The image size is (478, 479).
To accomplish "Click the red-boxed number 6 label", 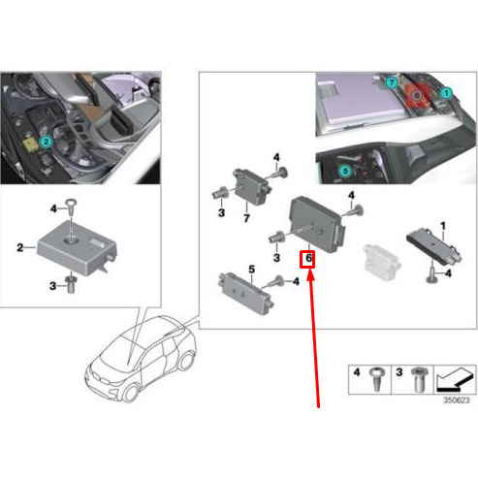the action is pos(307,259).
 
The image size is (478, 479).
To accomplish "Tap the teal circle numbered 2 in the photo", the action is pos(46,142).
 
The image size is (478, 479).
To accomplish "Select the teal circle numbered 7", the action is pos(392,82).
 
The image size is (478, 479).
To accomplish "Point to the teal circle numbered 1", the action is pos(446,93).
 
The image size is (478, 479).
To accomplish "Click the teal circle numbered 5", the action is pos(345,171).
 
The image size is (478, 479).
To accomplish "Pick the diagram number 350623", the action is pos(456,400).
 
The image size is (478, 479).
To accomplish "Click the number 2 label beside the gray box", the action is pos(20,248).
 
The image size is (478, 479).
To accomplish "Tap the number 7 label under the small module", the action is pos(246,218).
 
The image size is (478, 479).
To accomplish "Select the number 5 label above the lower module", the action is pos(252,269).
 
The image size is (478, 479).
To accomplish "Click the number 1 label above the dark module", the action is pos(443,226).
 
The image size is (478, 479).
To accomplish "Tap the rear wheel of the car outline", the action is pos(187,361).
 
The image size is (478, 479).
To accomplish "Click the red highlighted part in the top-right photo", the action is pos(418,95).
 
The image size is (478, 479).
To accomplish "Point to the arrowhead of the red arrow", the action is pos(310,274).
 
